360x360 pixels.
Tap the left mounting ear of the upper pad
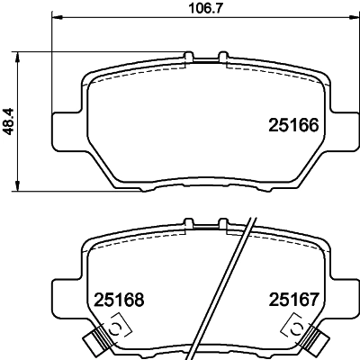(65, 128)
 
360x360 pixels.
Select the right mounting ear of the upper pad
(342, 128)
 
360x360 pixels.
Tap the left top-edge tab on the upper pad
(188, 58)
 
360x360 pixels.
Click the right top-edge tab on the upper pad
(220, 58)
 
